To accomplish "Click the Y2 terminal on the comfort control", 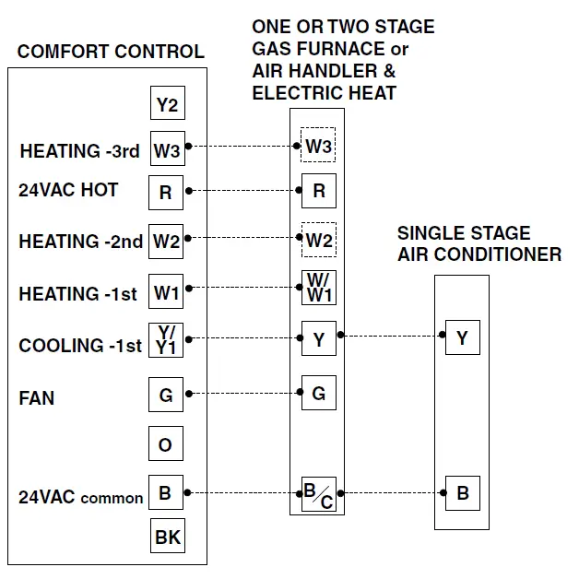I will pos(167,104).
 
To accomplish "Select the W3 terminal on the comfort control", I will pos(167,148).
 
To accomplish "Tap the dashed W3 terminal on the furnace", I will pos(318,146).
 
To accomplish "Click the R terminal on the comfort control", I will pos(166,192).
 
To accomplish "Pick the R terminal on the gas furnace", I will pos(319,191).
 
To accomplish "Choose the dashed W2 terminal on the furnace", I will pos(319,241).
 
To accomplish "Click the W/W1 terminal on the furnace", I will pos(319,288).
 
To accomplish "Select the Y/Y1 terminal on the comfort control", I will pos(166,340).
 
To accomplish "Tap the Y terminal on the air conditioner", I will pos(462,338).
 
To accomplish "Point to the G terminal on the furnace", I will pos(319,394).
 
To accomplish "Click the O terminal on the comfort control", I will pos(166,445).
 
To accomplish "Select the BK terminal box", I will pos(167,536).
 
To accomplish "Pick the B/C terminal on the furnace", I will pos(319,495).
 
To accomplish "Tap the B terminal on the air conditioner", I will pos(462,493).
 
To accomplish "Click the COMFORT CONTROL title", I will pos(111,52).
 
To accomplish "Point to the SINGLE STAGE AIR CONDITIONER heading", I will pos(479,243).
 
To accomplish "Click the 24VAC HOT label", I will pos(68,190).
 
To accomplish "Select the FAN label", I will pos(37,398).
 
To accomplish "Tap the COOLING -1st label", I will pos(80,346).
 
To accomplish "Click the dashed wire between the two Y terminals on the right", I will pos(391,337).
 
